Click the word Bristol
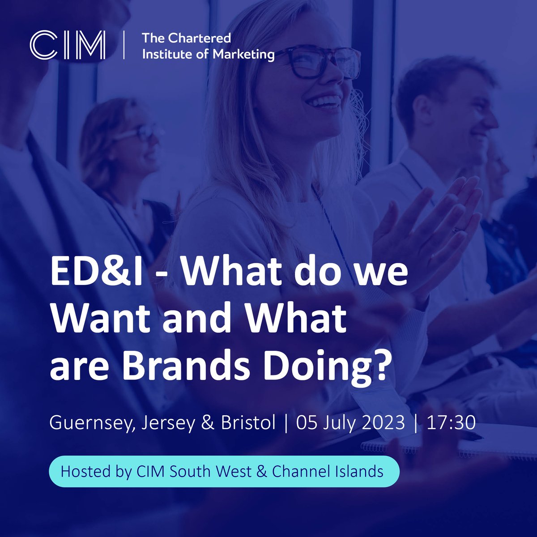pos(248,422)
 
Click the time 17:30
pos(451,422)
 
